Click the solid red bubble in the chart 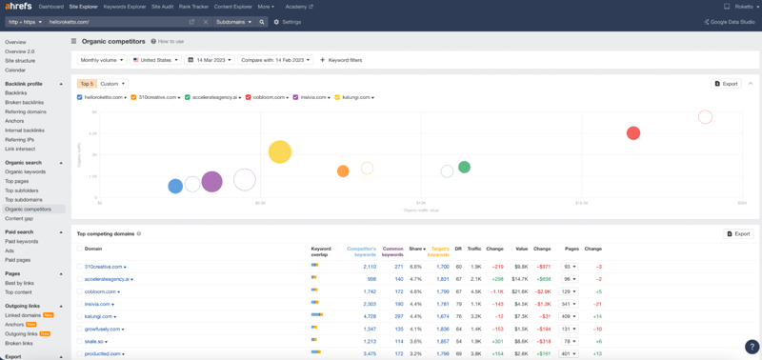point(632,133)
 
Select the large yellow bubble point(279,151)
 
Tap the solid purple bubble point(211,181)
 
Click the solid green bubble point(464,168)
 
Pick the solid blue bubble point(175,187)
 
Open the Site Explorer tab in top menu point(83,7)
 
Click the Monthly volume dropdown point(102,60)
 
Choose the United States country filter point(156,60)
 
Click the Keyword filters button point(341,60)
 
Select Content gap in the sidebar point(19,218)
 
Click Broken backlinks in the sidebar point(24,102)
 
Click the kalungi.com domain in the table point(98,316)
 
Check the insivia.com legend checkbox point(296,97)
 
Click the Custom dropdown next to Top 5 point(112,84)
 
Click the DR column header point(458,249)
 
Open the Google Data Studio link point(730,21)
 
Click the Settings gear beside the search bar point(287,22)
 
